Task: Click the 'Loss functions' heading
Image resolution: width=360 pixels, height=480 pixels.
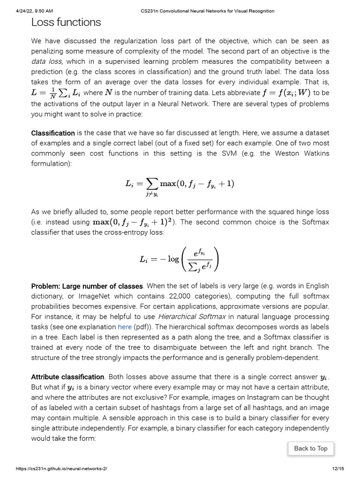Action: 66,22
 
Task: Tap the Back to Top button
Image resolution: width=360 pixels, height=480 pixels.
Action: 310,448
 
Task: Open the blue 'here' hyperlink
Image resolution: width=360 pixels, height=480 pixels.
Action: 124,327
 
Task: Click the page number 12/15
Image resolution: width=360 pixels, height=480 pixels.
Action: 337,469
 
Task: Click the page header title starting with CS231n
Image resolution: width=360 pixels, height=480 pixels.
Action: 208,11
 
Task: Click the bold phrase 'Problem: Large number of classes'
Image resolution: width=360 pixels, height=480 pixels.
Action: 87,286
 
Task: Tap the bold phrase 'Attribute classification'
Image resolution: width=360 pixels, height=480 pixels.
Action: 67,377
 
